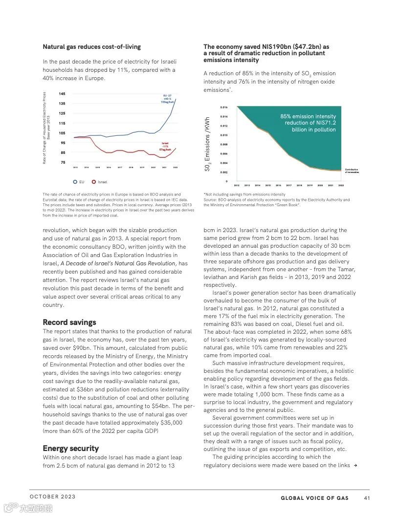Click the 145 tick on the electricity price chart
click(x=62, y=94)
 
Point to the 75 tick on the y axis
click(x=62, y=162)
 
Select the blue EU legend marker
click(x=75, y=182)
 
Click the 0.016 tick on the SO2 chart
click(x=223, y=107)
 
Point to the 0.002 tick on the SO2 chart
click(x=223, y=172)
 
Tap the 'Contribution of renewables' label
click(x=352, y=171)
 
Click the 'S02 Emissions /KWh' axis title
click(x=208, y=144)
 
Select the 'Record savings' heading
click(x=69, y=322)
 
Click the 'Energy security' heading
click(x=70, y=449)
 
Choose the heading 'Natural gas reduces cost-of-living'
click(x=91, y=47)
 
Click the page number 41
click(x=367, y=498)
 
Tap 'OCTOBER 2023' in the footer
click(x=53, y=497)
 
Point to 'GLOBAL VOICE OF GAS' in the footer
click(x=314, y=498)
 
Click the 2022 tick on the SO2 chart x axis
click(x=341, y=186)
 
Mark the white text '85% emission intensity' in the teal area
click(x=308, y=117)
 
